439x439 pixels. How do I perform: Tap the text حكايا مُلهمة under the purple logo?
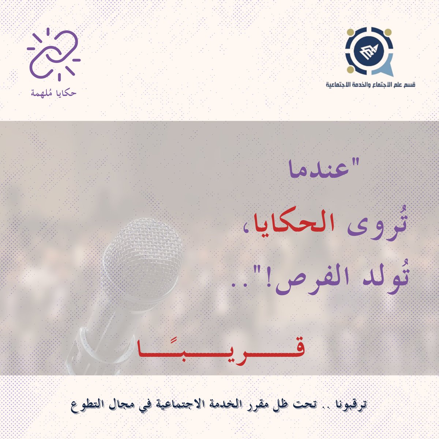click(x=53, y=93)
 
